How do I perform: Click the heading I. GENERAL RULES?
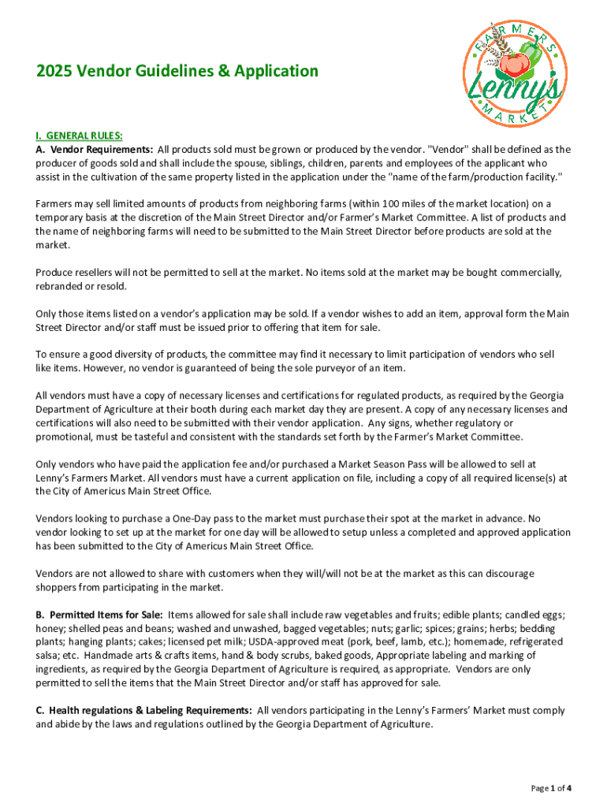click(78, 135)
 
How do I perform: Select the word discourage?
click(505, 573)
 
